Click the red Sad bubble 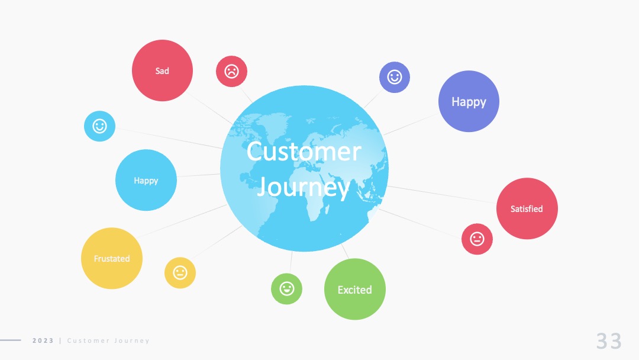pos(162,70)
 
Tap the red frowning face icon pos(231,71)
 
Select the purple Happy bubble pos(469,101)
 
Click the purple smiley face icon pos(395,77)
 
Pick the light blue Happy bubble pos(146,180)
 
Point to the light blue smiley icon pos(99,126)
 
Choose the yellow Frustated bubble pos(112,259)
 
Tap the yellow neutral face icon pos(180,273)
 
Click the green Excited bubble pos(355,289)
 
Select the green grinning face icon pos(286,289)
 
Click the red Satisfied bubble pos(527,208)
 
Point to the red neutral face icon pos(477,239)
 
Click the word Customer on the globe pos(304,152)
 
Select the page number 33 pos(609,341)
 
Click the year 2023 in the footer pos(43,340)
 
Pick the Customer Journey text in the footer pos(108,340)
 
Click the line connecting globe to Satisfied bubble pos(442,194)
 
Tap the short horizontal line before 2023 pos(11,340)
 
